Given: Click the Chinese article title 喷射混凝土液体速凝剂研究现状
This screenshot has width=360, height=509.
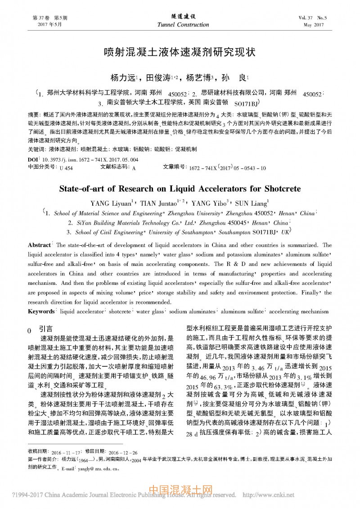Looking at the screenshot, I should tap(180, 51).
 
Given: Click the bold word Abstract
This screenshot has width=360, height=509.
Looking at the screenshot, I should tap(40, 246).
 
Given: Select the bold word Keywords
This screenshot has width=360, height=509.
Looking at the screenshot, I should tap(42, 311).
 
